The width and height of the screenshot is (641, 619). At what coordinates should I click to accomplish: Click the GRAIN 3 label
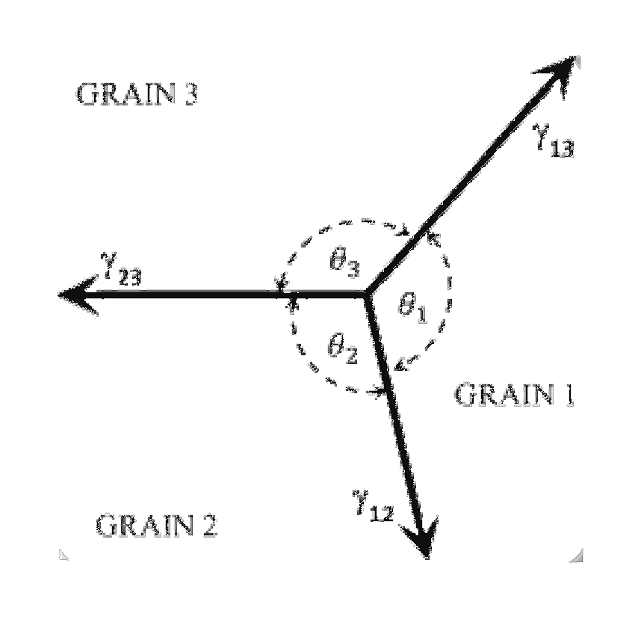click(137, 94)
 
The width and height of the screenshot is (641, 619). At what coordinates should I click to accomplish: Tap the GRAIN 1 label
click(514, 395)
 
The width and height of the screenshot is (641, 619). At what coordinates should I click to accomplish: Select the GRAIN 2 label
click(156, 525)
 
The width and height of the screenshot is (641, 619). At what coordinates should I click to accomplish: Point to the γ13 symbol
click(554, 141)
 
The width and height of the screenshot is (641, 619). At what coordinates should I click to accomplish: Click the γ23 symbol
click(121, 270)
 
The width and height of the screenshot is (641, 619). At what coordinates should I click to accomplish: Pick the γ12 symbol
click(373, 507)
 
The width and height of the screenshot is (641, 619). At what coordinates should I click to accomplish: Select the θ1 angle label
click(412, 308)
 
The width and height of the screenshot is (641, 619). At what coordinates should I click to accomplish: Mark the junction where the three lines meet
click(366, 294)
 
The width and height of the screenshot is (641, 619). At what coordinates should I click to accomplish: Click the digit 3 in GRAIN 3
click(191, 94)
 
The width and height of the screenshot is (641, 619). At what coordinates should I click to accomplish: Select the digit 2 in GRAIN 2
click(209, 526)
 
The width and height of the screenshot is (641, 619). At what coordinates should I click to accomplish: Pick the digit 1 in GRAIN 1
click(569, 395)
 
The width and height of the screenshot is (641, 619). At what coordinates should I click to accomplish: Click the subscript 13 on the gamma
click(562, 149)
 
